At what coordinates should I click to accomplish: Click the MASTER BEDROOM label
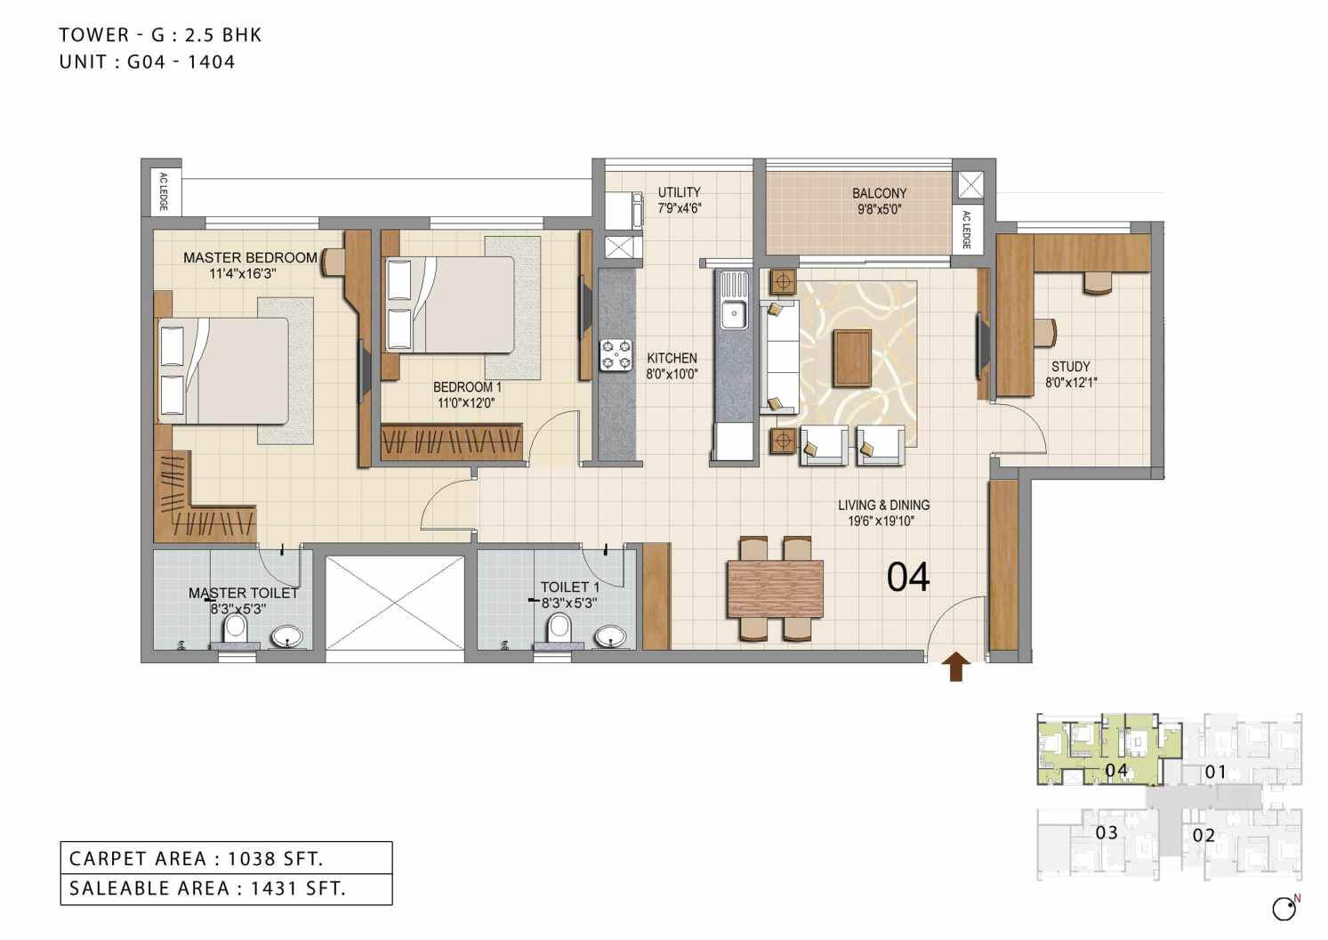(x=250, y=257)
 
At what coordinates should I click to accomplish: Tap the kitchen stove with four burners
(x=616, y=353)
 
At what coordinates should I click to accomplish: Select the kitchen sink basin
(x=734, y=312)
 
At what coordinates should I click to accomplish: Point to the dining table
(x=775, y=588)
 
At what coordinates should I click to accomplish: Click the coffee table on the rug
(x=852, y=358)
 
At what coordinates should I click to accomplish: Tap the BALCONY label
(x=879, y=193)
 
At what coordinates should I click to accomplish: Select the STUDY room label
(x=1070, y=367)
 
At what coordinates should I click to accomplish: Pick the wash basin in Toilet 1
(x=609, y=636)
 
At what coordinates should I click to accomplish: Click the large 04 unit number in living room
(x=908, y=577)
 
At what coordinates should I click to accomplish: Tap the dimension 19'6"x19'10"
(x=881, y=522)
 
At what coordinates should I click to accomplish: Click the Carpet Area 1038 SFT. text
(x=197, y=858)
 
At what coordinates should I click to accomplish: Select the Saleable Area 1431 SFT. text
(x=207, y=887)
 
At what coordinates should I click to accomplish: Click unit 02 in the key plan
(x=1203, y=835)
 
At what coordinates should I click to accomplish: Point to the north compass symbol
(x=1284, y=908)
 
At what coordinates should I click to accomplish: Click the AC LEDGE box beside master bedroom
(x=163, y=191)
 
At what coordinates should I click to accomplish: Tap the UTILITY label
(x=679, y=192)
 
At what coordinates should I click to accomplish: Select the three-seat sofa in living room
(x=778, y=356)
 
